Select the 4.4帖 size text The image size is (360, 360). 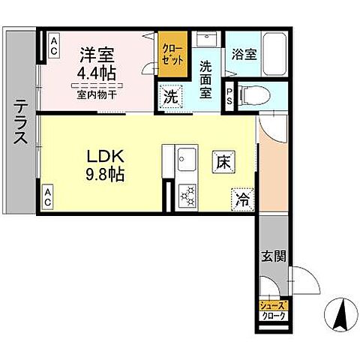[95, 73]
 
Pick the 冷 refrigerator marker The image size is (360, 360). [243, 198]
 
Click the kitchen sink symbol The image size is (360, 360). [186, 158]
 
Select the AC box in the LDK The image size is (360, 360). [48, 197]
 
